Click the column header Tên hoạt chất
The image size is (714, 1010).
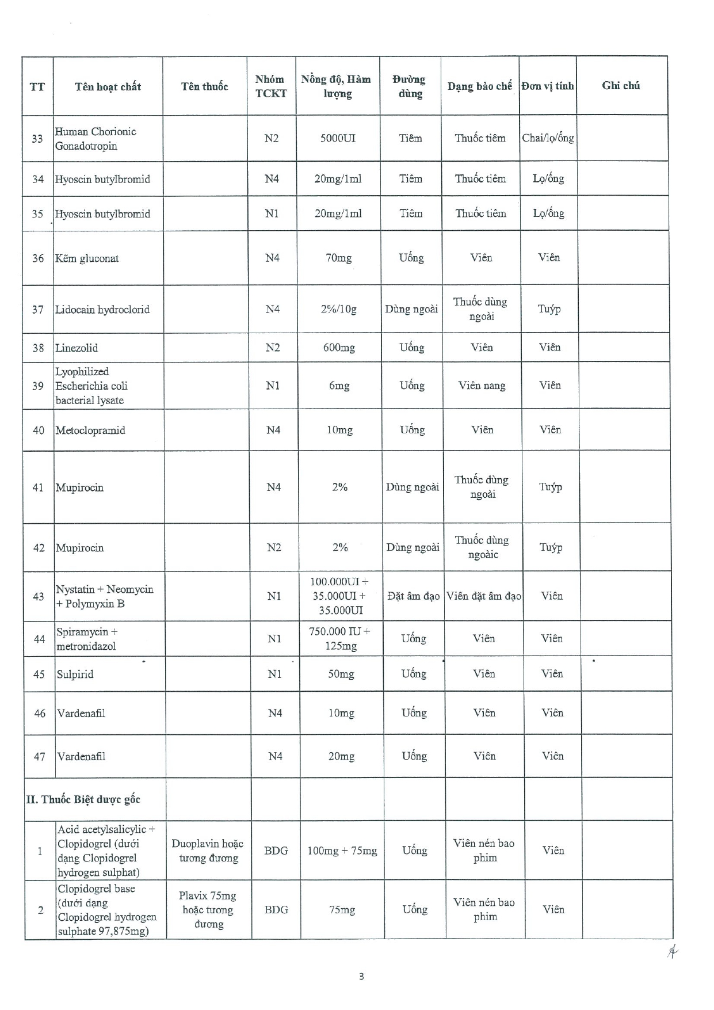pos(108,86)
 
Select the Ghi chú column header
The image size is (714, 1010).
pos(621,85)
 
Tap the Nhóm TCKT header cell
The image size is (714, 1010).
pos(270,86)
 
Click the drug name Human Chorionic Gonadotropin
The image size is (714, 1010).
pos(96,139)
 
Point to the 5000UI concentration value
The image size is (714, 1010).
pos(338,138)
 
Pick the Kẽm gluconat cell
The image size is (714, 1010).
pos(87,258)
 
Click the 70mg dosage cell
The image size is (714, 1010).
pos(338,258)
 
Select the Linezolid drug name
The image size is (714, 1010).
pos(77,348)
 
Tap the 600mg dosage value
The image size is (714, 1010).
pos(339,348)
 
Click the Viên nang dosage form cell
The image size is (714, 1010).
pos(482,386)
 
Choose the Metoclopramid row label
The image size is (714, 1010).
pos(90,430)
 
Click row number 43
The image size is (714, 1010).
pos(39,596)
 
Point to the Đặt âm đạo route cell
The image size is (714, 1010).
pos(413,596)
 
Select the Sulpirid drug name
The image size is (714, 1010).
pos(75,674)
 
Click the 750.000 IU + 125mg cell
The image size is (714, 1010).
pos(340,638)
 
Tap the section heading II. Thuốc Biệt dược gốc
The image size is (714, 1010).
pos(83,799)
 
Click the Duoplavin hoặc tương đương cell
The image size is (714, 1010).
pos(208,851)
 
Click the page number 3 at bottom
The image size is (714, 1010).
pos(361,976)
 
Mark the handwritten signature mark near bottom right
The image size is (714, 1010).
pos(671,953)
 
